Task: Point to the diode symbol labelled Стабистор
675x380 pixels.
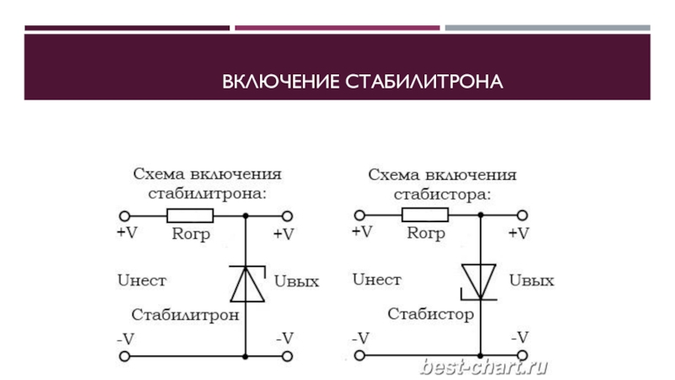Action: click(x=480, y=282)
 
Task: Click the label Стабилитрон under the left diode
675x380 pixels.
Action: click(x=186, y=315)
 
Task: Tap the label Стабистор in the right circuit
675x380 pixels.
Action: click(x=430, y=315)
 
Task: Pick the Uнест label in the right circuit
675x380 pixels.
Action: click(x=376, y=279)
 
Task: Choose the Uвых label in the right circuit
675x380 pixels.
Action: click(x=532, y=280)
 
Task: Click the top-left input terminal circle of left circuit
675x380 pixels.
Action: click(x=124, y=215)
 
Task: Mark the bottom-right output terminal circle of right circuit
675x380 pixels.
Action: click(x=522, y=356)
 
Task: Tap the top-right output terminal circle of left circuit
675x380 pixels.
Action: click(x=286, y=215)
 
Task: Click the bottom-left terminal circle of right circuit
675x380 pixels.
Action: click(x=360, y=356)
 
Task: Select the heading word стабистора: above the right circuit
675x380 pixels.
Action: click(x=442, y=193)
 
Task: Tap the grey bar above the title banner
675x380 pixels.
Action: click(x=547, y=28)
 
